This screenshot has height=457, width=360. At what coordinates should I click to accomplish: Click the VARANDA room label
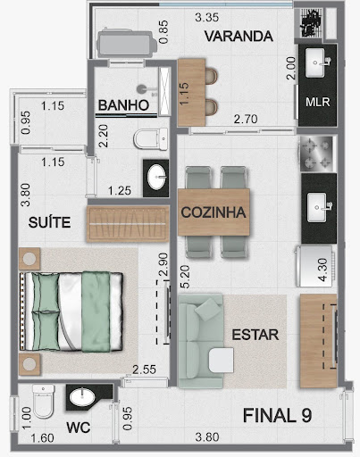point(239,37)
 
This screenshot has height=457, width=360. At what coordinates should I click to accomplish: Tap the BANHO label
point(123,105)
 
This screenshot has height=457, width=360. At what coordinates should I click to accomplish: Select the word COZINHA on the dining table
point(213,212)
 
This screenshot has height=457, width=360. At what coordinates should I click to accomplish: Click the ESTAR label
point(255,335)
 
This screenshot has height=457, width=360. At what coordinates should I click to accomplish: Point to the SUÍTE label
point(49,222)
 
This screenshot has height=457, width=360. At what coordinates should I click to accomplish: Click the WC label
point(79,428)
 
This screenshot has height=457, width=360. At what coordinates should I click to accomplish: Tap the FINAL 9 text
point(277,415)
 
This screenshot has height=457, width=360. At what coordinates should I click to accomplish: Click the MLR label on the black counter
point(318,102)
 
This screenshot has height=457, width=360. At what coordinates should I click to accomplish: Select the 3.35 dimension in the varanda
point(207,17)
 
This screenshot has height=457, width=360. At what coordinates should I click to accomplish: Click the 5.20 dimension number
point(185,277)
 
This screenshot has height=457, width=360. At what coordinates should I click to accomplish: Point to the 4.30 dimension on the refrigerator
point(322,270)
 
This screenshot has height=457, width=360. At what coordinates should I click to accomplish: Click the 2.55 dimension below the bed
point(144,370)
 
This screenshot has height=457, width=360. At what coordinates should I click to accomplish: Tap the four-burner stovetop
point(316,154)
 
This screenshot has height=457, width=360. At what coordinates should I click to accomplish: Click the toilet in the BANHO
point(151,139)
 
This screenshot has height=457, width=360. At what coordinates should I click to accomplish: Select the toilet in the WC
point(44,401)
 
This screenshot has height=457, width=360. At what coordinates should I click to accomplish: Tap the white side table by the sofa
point(221,361)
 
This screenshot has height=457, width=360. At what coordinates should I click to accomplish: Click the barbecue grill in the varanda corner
point(311,23)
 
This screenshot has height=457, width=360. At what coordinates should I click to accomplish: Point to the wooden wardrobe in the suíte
point(128,224)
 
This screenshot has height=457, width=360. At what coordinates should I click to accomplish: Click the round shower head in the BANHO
point(142,89)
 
